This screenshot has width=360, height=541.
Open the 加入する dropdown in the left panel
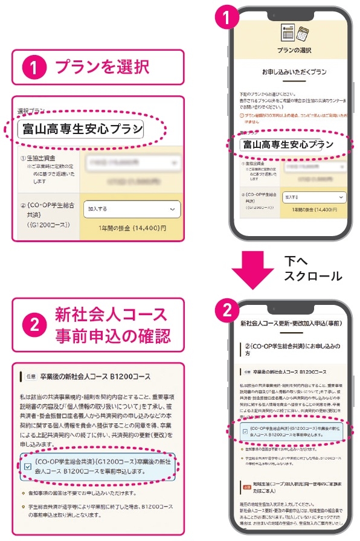tap(132, 208)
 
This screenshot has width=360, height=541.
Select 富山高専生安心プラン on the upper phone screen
tap(287, 144)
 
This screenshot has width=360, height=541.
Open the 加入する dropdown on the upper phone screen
tap(315, 197)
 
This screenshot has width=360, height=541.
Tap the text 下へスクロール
tap(312, 268)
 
